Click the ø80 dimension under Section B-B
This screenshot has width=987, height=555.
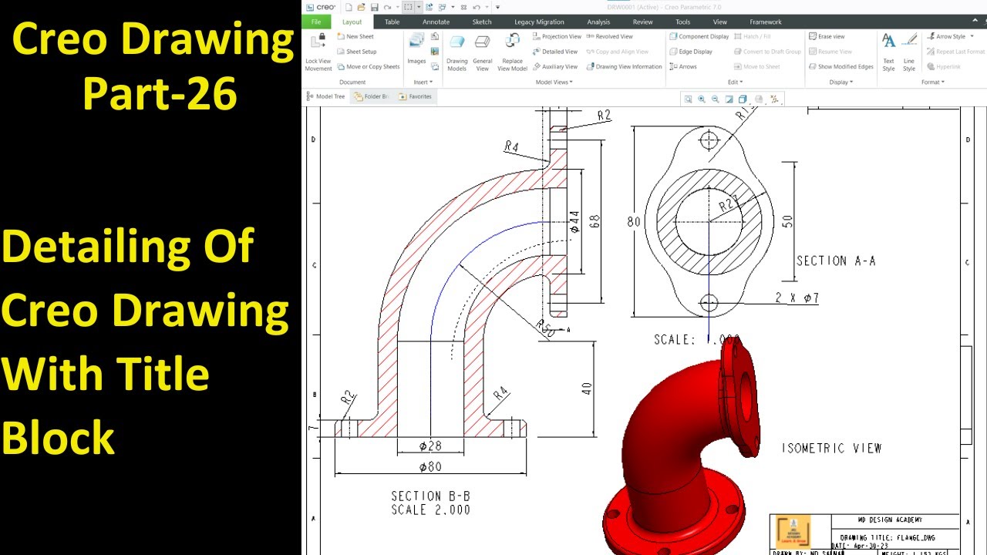430,466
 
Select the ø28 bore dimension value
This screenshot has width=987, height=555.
430,446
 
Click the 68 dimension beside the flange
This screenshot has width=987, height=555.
595,221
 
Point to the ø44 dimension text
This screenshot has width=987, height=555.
574,222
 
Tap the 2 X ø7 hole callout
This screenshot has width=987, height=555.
797,298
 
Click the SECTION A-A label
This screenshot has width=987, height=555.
836,261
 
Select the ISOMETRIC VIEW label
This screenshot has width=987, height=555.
831,448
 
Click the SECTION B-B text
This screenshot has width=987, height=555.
430,496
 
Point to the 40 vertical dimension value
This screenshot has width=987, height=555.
587,388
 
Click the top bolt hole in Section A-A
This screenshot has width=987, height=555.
709,141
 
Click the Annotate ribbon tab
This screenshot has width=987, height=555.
436,22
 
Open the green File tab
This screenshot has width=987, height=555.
316,22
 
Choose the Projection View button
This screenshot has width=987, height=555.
556,36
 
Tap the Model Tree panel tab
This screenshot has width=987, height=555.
326,96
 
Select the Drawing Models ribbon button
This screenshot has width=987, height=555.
457,51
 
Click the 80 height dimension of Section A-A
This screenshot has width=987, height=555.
634,222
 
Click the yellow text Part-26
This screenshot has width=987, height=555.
160,94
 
